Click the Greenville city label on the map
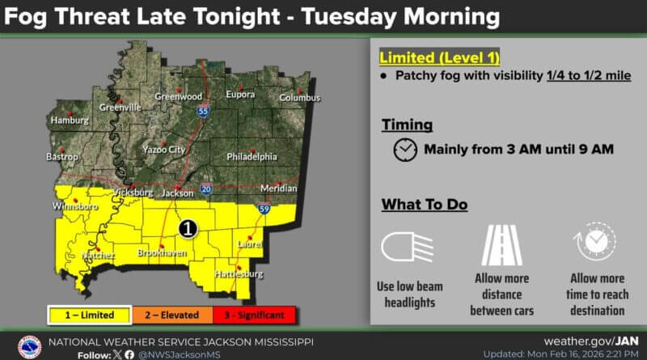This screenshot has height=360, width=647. pos(120,108)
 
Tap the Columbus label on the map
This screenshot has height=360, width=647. pos(300,98)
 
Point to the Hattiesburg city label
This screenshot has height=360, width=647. pos(239,274)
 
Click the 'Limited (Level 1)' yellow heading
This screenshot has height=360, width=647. pos(440,57)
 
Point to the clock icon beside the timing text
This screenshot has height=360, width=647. pos(405,150)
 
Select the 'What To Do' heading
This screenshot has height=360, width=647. pos(425,205)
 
